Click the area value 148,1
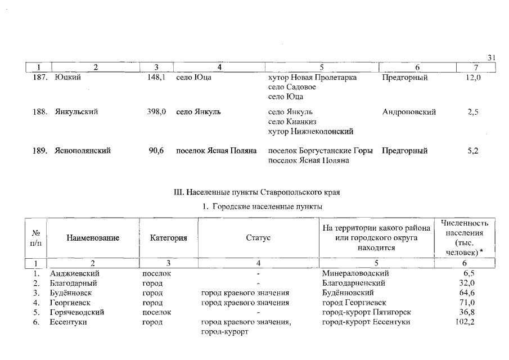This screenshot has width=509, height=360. (x=156, y=78)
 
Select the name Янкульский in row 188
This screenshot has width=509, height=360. (x=76, y=112)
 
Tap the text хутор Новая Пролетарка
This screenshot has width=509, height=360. (x=313, y=78)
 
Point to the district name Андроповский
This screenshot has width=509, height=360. (x=409, y=112)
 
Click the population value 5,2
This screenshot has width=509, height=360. (x=472, y=151)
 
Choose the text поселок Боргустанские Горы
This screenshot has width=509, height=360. (x=321, y=151)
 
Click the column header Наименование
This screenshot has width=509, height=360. (x=93, y=238)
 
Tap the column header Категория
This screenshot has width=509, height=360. (x=169, y=238)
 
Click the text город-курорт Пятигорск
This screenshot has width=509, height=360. (x=366, y=312)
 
